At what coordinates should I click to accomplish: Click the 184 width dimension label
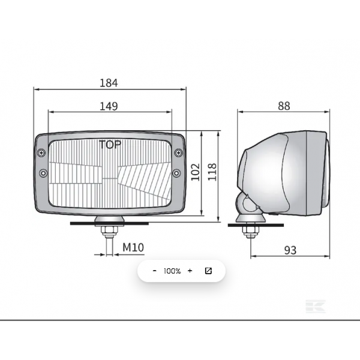[109, 83]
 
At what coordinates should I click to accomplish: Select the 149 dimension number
[109, 106]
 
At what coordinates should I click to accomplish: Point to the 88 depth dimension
[284, 106]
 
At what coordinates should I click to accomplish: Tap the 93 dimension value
[290, 250]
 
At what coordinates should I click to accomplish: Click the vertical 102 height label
[196, 172]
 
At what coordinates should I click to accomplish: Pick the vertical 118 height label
[212, 172]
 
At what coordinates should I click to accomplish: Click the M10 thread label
[133, 247]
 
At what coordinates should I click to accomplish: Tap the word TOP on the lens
[110, 145]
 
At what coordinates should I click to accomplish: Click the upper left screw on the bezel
[41, 152]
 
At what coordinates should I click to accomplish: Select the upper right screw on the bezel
[178, 152]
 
